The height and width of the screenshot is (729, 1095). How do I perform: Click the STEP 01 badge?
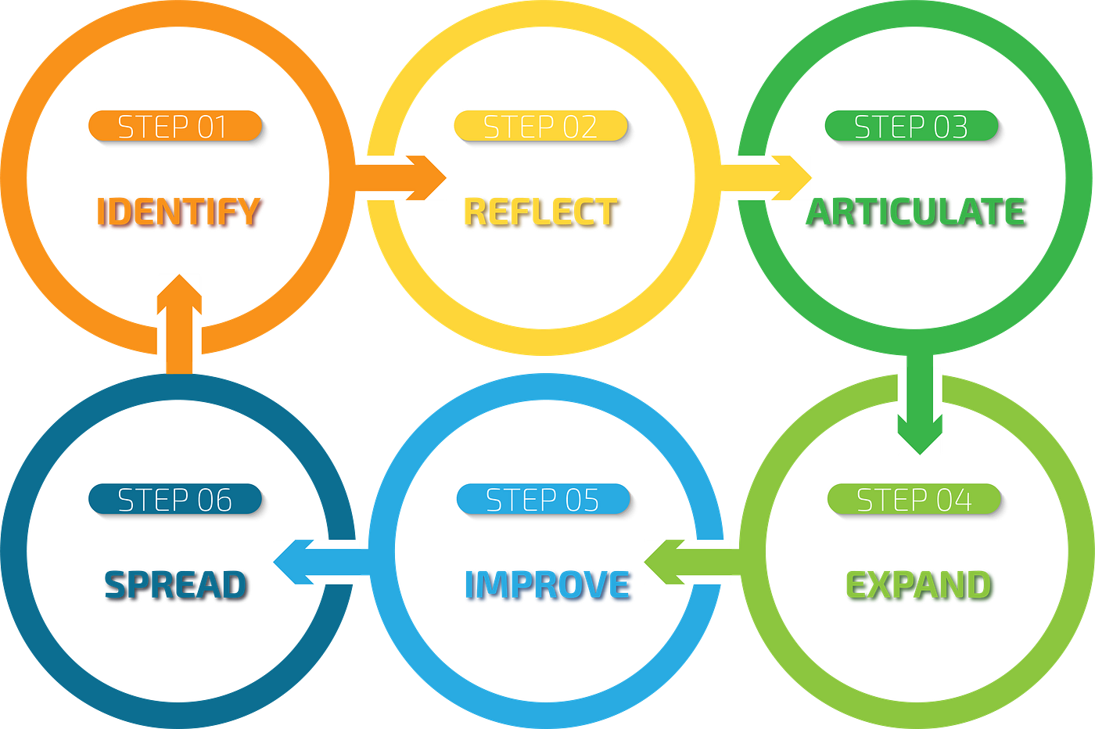[x=174, y=127]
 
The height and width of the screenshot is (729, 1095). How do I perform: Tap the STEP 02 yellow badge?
[x=540, y=127]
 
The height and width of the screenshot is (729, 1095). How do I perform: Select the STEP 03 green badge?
[x=910, y=127]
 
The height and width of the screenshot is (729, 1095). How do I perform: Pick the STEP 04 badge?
[x=914, y=500]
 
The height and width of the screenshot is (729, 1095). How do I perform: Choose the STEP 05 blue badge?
[x=542, y=500]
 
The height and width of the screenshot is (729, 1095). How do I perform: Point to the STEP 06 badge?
[x=174, y=500]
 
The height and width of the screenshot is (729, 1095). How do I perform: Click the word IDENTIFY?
[x=179, y=212]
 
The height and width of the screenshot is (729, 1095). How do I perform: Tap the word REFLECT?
[x=541, y=212]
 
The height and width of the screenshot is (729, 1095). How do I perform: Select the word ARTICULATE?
[x=916, y=212]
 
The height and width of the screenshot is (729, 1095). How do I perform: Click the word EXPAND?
[x=918, y=585]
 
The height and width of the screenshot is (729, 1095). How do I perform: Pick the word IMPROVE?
[x=547, y=585]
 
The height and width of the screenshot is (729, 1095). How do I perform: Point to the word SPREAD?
[x=175, y=585]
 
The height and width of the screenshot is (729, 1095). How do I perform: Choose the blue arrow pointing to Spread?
[x=316, y=562]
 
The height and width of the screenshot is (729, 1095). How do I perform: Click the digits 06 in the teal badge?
[x=214, y=500]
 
